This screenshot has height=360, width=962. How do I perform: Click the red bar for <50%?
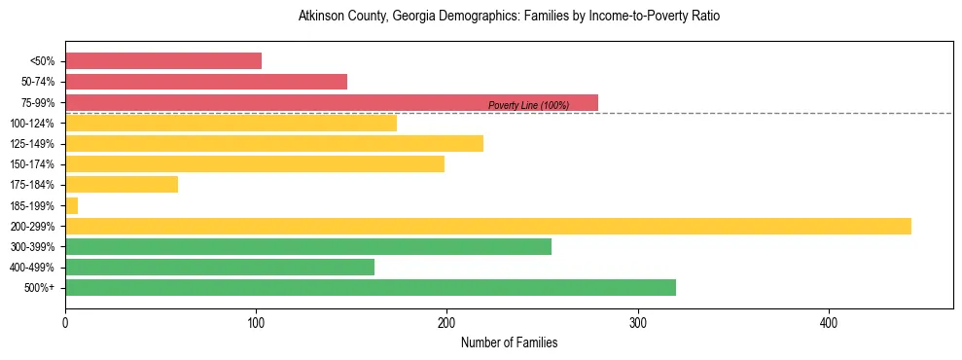pyautogui.click(x=163, y=61)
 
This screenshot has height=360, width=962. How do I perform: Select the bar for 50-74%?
pyautogui.click(x=206, y=82)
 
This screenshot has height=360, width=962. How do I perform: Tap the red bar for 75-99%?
pyautogui.click(x=332, y=102)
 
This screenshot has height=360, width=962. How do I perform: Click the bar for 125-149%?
pyautogui.click(x=274, y=144)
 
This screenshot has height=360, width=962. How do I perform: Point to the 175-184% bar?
pyautogui.click(x=122, y=185)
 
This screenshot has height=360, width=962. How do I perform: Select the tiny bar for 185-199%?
pyautogui.click(x=71, y=205)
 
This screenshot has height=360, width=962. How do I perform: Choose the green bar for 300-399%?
pyautogui.click(x=308, y=246)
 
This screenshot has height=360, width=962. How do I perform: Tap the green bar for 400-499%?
pyautogui.click(x=220, y=267)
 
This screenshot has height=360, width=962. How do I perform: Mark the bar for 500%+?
pyautogui.click(x=371, y=288)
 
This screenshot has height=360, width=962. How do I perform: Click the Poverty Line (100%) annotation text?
pyautogui.click(x=528, y=105)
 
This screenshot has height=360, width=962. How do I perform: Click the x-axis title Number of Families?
pyautogui.click(x=509, y=342)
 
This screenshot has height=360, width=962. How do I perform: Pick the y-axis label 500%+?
pyautogui.click(x=41, y=288)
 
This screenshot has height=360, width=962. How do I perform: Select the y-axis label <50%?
pyautogui.click(x=43, y=61)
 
